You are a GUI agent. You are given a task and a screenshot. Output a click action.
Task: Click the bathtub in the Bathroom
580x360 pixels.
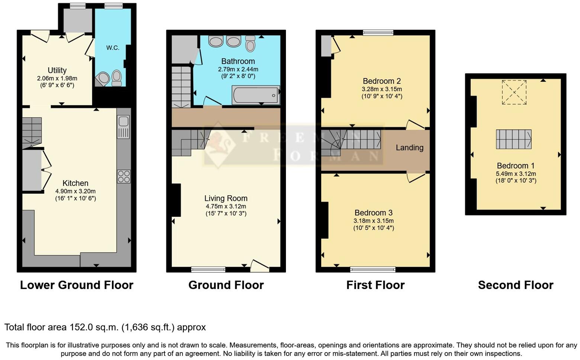(255, 95)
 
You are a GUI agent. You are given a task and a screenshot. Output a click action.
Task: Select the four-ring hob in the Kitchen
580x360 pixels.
(124, 176)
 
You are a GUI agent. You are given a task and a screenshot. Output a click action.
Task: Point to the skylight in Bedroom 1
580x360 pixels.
(514, 92)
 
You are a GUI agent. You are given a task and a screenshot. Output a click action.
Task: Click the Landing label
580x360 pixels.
(409, 148)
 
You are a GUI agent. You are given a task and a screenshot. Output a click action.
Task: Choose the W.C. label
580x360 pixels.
(113, 48)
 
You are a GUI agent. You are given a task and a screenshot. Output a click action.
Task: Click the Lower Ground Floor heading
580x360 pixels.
(77, 285)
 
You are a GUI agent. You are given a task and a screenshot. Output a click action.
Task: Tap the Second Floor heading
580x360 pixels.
(516, 285)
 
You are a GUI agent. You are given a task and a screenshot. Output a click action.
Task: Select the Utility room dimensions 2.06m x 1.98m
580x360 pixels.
(57, 78)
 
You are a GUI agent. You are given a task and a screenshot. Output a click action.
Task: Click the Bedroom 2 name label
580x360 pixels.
(381, 81)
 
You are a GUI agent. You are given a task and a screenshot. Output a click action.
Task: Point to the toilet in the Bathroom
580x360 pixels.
(251, 44)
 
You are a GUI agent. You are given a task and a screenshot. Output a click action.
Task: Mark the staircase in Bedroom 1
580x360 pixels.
(513, 139)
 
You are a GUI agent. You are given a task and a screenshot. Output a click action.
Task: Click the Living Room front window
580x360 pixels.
(208, 269)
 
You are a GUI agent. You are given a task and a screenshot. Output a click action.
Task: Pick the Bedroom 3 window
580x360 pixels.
(373, 269)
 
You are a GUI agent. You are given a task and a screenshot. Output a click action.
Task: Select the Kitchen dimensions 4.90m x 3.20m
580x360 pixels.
(75, 191)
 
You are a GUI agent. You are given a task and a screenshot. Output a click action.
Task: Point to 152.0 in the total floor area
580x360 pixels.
(81, 327)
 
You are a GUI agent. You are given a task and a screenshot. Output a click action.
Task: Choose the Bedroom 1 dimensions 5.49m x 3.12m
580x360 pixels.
(516, 174)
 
